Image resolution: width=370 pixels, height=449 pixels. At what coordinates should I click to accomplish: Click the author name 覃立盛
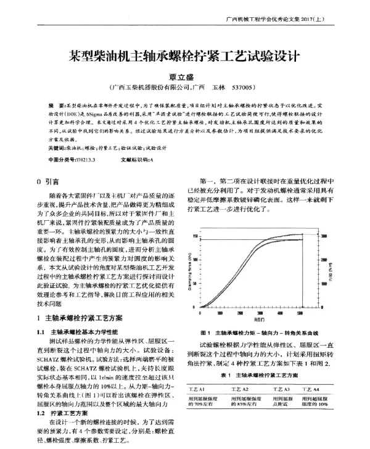click(185, 76)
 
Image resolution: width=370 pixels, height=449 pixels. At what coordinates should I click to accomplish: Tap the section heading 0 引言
click(47, 183)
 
